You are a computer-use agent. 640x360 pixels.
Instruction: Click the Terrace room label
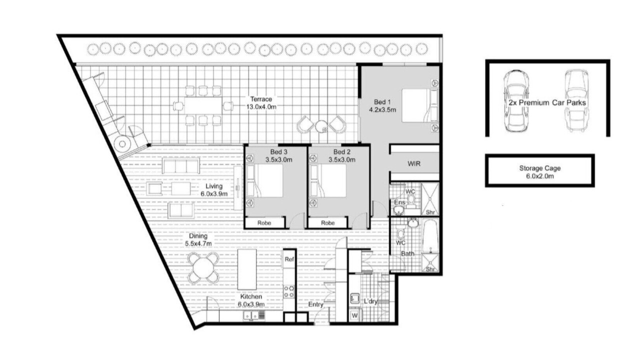click(261, 99)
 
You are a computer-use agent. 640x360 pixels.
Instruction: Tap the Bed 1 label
click(382, 102)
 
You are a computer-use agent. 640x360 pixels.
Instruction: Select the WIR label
click(414, 163)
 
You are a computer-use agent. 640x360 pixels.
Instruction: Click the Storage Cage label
click(539, 168)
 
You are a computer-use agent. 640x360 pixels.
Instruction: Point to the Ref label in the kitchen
click(289, 259)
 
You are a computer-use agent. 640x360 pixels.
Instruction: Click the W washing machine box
click(354, 315)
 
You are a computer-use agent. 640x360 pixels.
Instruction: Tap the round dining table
click(203, 267)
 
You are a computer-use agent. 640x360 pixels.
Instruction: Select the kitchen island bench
click(247, 269)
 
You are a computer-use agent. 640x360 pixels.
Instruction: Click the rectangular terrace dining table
click(203, 105)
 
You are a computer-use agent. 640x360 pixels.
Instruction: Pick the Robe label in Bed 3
click(264, 223)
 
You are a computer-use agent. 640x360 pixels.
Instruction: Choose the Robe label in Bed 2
click(327, 223)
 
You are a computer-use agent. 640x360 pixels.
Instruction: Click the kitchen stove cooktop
click(289, 291)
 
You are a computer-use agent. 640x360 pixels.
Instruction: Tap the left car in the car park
click(516, 101)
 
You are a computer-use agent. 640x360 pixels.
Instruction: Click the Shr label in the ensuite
click(430, 212)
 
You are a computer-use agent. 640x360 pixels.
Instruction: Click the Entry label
click(315, 304)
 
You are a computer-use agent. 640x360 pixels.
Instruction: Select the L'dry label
click(371, 301)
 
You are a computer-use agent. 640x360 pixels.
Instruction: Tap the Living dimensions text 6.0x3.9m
click(214, 194)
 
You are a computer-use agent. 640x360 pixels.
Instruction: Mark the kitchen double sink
click(251, 315)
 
